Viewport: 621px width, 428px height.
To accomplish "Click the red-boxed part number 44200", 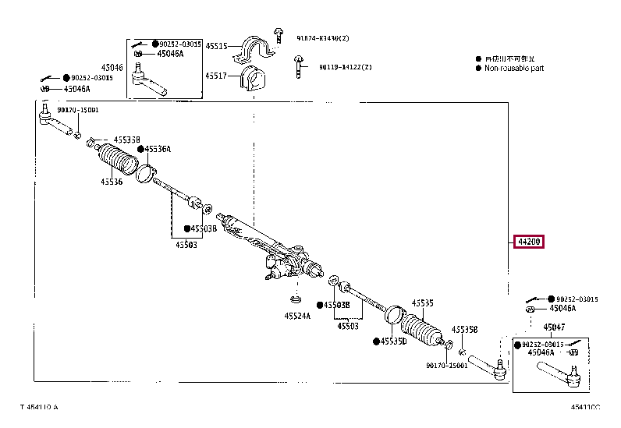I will [527, 242].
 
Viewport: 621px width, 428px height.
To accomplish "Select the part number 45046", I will [112, 68].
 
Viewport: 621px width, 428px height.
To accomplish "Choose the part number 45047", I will [555, 327].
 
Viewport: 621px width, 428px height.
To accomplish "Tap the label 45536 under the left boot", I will [111, 182].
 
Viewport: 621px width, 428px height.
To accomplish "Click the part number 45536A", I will [159, 149].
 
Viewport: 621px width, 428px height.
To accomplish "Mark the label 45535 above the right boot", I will [422, 302].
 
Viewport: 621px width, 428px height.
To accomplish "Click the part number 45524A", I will [296, 316].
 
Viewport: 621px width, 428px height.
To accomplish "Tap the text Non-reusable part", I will [514, 69].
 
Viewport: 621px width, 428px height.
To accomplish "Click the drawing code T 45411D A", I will [39, 407].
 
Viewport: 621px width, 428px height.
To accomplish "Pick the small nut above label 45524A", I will [296, 299].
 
